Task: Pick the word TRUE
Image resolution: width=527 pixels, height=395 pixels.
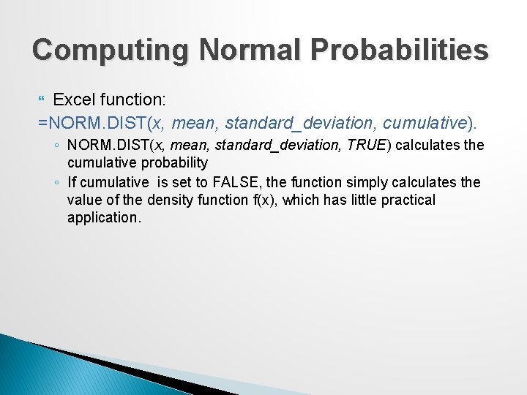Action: coord(369,145)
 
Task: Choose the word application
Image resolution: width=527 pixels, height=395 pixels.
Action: coord(103,217)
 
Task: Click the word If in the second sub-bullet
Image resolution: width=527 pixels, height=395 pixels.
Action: coord(72,181)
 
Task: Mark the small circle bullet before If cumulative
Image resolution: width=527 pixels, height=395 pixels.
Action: coord(56,182)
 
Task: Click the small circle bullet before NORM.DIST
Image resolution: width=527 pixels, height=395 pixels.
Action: coord(56,146)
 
